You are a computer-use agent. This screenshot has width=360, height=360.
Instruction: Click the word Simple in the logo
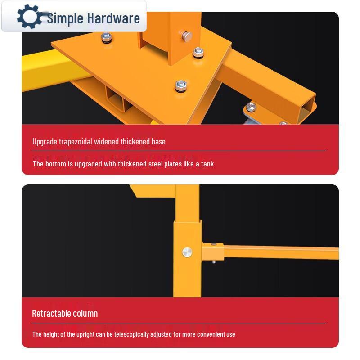click(65, 18)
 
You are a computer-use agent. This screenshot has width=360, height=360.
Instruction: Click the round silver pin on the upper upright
click(187, 36)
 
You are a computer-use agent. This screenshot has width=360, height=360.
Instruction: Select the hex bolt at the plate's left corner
click(106, 37)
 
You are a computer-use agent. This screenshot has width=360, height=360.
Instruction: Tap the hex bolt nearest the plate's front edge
click(181, 85)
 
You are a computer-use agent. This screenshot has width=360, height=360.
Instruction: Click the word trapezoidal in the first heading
click(76, 142)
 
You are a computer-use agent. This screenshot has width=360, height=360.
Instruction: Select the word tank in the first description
click(207, 164)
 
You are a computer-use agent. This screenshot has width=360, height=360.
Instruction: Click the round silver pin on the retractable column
click(187, 252)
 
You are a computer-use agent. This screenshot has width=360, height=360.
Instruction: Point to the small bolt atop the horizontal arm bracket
click(213, 244)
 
